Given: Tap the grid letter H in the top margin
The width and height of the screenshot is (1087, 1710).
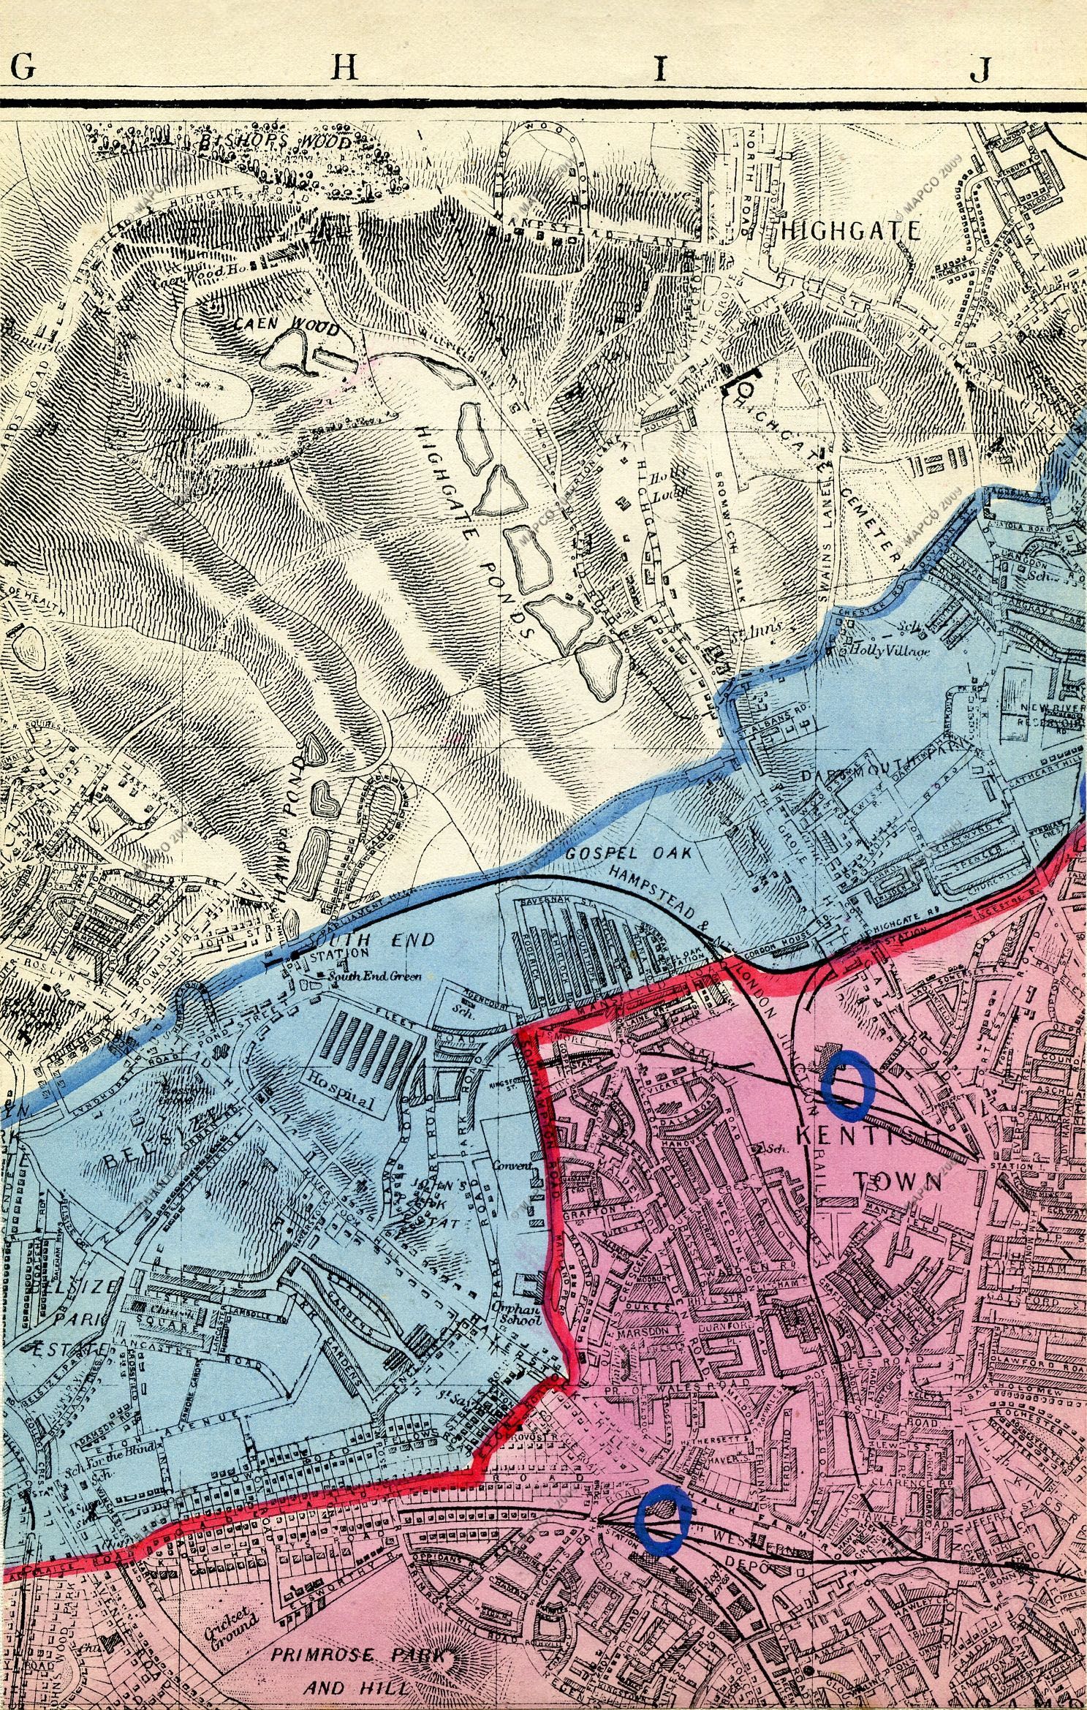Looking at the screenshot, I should click(346, 68).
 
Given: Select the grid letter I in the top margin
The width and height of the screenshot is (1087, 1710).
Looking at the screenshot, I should click(661, 69).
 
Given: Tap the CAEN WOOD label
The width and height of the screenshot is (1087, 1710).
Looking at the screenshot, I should click(287, 327).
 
